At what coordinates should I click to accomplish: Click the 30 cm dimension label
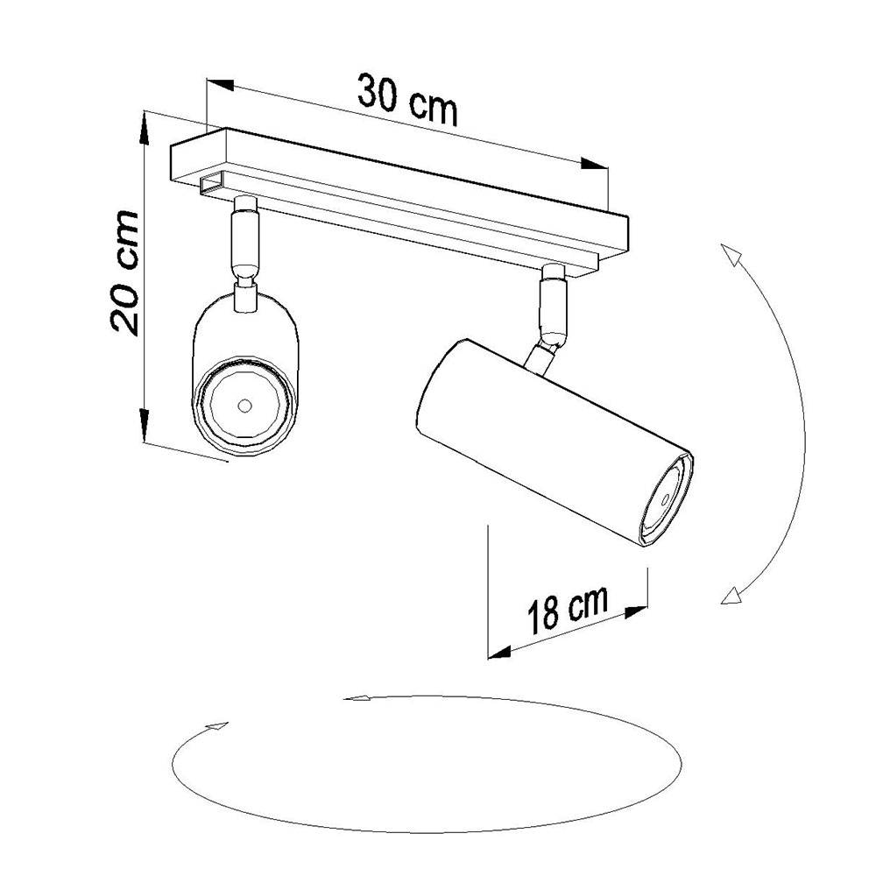408,98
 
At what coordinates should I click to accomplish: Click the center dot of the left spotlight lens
244,406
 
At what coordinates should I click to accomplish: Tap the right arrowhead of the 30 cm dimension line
596,164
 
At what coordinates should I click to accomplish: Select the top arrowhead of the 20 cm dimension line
145,124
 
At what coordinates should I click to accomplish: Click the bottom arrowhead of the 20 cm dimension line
145,430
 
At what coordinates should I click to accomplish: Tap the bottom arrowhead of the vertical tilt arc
729,597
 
